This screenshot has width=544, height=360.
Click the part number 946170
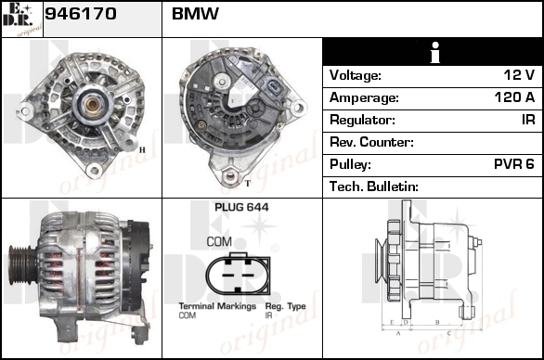[81, 14]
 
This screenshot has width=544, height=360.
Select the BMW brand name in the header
[195, 14]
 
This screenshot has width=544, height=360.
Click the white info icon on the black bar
[435, 53]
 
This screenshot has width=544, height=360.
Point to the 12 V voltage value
[519, 75]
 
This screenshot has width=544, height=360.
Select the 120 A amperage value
[514, 97]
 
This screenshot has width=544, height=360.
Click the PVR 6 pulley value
[513, 164]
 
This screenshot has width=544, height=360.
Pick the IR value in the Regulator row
[528, 120]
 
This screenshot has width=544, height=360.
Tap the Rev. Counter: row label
[371, 142]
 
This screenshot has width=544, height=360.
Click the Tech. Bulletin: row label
[374, 186]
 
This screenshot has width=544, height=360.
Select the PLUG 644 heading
[241, 208]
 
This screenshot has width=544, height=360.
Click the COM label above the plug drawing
[219, 242]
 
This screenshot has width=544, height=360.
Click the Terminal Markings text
[217, 306]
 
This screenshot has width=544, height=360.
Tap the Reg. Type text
[286, 306]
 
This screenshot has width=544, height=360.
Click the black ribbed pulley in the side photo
[22, 264]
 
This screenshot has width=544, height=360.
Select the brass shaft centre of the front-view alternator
[92, 104]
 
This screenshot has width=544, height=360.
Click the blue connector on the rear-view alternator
[272, 88]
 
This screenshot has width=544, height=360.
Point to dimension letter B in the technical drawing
[437, 322]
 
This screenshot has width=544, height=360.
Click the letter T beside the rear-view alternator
[247, 184]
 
